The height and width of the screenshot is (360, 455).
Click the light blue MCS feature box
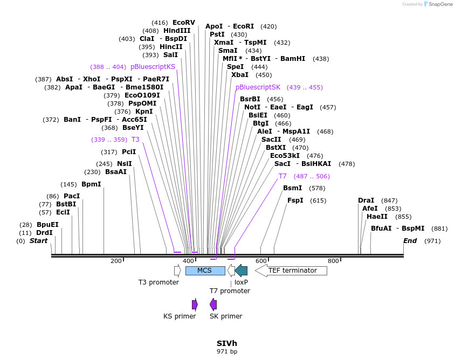pos(205,271)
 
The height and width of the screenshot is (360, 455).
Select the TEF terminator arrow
pos(291,271)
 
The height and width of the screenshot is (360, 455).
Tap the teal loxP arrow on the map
pos(241,271)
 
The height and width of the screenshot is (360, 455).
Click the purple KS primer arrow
pos(195,304)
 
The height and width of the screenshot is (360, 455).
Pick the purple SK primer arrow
pos(213,304)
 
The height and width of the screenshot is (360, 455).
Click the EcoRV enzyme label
pos(183,23)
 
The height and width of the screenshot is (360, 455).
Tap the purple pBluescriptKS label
pos(153,67)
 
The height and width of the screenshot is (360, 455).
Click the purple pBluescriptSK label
pos(258,87)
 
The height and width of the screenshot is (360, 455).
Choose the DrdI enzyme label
pos(44,233)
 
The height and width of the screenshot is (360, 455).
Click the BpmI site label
pos(91,184)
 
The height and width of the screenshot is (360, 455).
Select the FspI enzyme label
pos(295,200)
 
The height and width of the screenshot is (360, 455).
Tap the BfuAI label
pos(381,229)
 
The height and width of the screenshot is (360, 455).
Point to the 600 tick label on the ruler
pos(261,261)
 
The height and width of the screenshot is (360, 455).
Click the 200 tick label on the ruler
pos(116,261)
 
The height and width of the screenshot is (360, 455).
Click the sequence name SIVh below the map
pos(226,343)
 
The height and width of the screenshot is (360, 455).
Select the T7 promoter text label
pos(230,291)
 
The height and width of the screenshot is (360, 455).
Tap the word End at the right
pos(410,241)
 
